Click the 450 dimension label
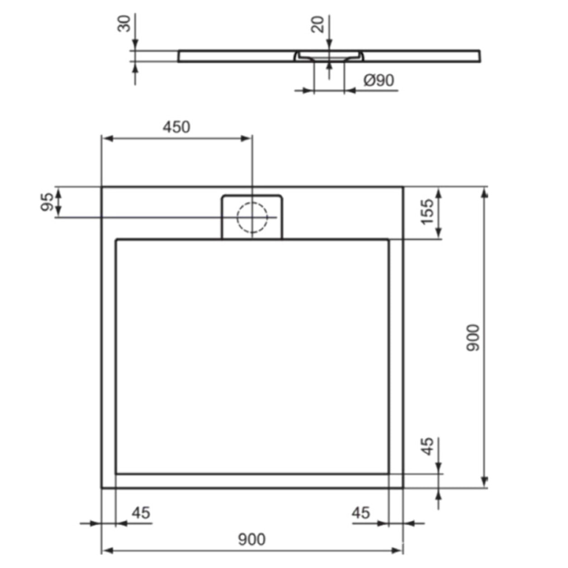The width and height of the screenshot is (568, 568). coord(176,127)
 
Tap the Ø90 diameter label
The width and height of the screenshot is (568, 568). coord(379,80)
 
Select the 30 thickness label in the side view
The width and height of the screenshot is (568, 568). coord(124,24)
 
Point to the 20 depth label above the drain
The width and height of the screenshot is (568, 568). coord(318,24)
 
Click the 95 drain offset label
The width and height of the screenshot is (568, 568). coord(47,202)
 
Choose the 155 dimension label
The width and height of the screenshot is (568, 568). coord(427,211)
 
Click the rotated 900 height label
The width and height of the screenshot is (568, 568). coord(473,337)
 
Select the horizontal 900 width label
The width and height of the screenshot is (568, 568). coord(251,539)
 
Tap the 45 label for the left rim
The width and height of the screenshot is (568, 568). coord(141,513)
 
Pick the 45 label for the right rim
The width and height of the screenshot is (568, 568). coord(360,513)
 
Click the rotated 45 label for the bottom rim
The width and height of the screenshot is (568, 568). coord(427,446)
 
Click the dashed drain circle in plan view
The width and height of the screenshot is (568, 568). coord(252,217)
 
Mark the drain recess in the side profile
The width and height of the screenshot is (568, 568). coord(329,57)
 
